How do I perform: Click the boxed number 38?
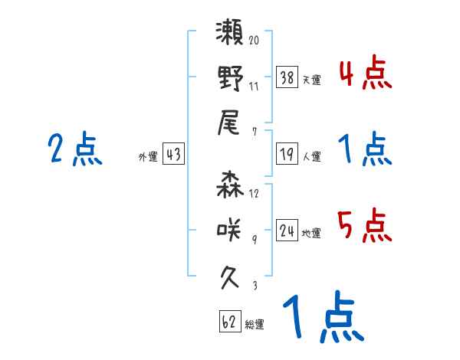(x=287, y=77)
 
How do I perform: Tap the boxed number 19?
(x=287, y=155)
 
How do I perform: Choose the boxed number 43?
(x=173, y=155)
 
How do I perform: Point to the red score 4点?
(x=364, y=74)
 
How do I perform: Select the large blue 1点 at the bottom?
(x=322, y=318)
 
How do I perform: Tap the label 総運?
(x=255, y=324)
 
